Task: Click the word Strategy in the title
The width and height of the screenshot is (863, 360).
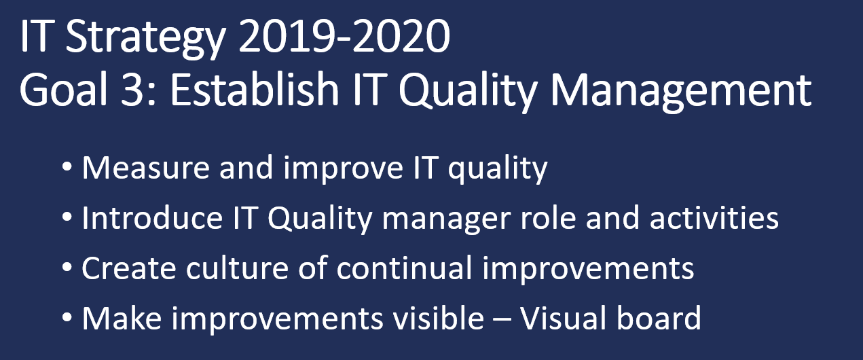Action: click(145, 38)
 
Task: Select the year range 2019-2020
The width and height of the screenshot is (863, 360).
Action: click(344, 36)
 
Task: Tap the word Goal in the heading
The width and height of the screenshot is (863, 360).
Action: click(62, 90)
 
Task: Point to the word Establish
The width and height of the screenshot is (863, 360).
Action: click(254, 89)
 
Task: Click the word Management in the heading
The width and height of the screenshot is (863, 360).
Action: click(681, 92)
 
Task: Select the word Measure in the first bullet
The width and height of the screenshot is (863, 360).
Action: click(145, 168)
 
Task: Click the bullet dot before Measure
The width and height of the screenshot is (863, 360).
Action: click(67, 166)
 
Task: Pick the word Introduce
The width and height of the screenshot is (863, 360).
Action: click(152, 218)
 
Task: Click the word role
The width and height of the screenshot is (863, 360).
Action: click(548, 218)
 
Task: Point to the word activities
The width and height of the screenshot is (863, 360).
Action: click(714, 218)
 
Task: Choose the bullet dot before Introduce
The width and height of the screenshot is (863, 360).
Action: click(67, 217)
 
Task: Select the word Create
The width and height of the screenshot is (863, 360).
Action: click(129, 268)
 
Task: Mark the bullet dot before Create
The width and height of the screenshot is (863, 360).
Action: click(67, 267)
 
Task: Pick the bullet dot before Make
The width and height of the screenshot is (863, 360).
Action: click(67, 317)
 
